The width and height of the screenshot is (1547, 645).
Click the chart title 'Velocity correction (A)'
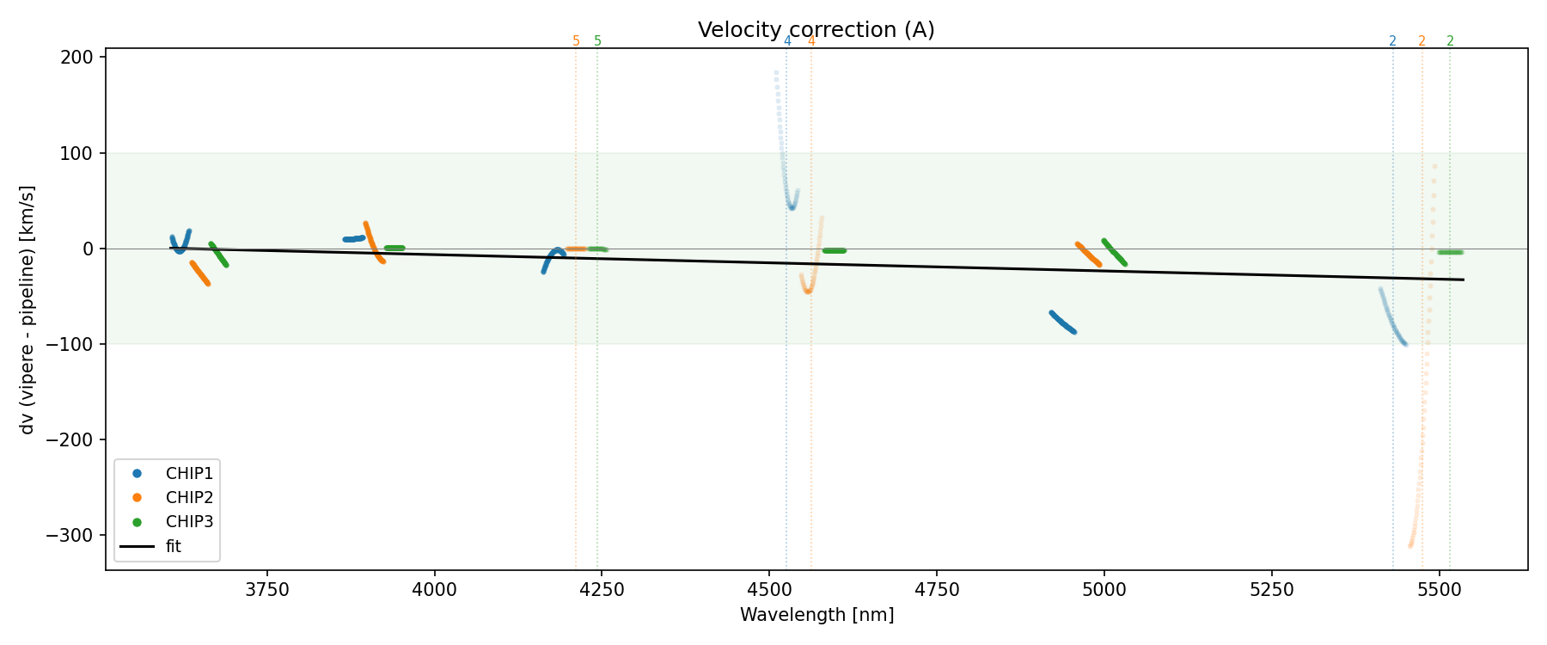tap(816, 30)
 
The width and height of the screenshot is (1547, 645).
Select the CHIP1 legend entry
tap(189, 474)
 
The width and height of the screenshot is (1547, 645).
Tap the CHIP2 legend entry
tap(189, 498)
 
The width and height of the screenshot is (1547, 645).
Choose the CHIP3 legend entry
tap(189, 522)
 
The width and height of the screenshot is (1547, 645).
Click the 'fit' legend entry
tap(173, 547)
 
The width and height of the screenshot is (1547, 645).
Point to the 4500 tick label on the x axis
tap(769, 590)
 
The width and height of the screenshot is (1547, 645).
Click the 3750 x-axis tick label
tap(267, 590)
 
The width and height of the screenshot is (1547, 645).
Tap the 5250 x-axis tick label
tap(1271, 590)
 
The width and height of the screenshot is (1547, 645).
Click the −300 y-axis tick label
tap(76, 535)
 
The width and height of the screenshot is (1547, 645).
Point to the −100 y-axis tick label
tap(76, 344)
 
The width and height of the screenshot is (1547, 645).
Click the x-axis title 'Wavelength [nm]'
tap(816, 615)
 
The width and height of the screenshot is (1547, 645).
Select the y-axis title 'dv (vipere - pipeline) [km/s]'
tap(28, 310)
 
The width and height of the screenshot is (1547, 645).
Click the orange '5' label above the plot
tap(576, 41)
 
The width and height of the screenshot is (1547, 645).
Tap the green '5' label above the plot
tap(597, 41)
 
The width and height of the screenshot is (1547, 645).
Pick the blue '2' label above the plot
tap(1392, 41)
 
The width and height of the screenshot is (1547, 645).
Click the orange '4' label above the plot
tap(810, 41)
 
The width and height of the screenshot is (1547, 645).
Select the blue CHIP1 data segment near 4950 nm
tap(1063, 322)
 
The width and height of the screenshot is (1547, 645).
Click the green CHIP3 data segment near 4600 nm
tap(834, 250)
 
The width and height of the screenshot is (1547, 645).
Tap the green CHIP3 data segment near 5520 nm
tap(1450, 252)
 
